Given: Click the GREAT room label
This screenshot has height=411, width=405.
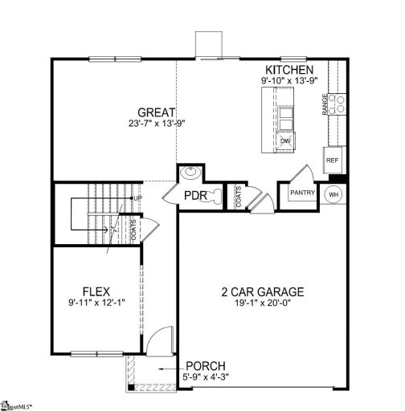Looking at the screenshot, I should click(x=156, y=113).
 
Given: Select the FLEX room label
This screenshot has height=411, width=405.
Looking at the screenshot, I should click(x=96, y=291).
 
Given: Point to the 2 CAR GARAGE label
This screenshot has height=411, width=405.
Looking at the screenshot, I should click(x=262, y=291).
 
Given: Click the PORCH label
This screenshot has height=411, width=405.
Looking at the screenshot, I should click(x=206, y=365).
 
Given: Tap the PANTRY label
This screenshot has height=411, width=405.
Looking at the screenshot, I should click(x=301, y=193).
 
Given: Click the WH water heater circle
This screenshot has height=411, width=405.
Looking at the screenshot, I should click(x=333, y=193).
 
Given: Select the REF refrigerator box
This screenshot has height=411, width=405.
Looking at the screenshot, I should click(x=333, y=161).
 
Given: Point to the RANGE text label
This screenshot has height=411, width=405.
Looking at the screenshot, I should click(x=325, y=104).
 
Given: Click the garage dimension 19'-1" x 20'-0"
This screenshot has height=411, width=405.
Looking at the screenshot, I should click(x=262, y=304).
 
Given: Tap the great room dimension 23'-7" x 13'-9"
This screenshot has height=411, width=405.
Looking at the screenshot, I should click(x=156, y=124).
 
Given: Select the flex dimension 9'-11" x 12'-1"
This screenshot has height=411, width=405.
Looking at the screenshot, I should click(x=96, y=303).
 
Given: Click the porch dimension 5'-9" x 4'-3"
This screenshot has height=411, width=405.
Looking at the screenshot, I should click(x=209, y=376).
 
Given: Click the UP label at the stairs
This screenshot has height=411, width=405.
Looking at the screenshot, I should click(x=137, y=197).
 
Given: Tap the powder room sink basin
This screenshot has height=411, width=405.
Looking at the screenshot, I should click(x=190, y=172).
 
